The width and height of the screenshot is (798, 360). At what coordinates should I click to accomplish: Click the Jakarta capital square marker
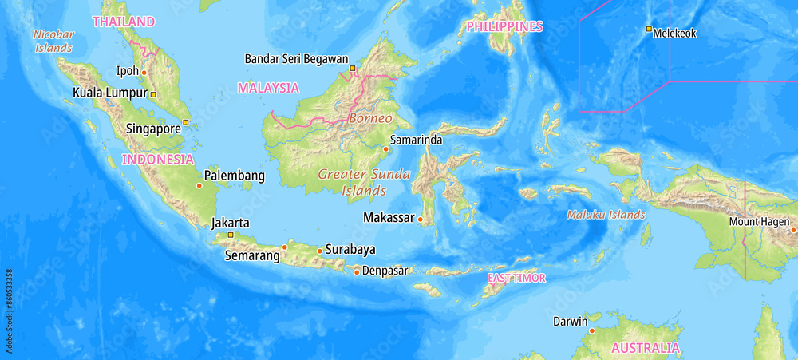click(x=231, y=235)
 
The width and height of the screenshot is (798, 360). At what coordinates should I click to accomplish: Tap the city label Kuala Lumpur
click(x=110, y=93)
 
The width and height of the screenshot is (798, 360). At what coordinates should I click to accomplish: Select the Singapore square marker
click(x=186, y=122)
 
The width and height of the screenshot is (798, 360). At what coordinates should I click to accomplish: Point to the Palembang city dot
click(x=199, y=186)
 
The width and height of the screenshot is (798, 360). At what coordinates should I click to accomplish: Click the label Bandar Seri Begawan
click(x=296, y=58)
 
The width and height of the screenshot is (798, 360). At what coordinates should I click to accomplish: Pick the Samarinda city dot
click(x=385, y=149)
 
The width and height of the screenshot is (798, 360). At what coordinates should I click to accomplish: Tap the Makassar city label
click(x=389, y=217)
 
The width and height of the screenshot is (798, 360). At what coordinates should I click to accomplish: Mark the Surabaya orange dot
click(x=320, y=251)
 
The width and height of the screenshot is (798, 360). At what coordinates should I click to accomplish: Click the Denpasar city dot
click(x=357, y=271)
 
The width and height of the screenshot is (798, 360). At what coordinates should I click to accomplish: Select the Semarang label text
click(x=252, y=256)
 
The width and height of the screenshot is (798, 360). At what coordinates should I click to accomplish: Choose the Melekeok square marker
click(x=649, y=29)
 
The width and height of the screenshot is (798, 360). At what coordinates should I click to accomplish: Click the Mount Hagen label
click(x=759, y=221)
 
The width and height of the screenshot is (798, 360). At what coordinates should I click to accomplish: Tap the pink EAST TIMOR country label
click(x=516, y=278)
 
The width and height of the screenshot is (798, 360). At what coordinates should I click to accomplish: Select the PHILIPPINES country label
click(x=504, y=26)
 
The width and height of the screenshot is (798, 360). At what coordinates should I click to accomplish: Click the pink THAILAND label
click(x=124, y=22)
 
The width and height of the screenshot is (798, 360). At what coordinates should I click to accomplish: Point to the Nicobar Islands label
click(x=53, y=41)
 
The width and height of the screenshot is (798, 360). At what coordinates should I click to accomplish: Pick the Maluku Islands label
click(x=606, y=215)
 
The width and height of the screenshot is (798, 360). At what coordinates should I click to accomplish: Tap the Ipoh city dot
click(x=144, y=72)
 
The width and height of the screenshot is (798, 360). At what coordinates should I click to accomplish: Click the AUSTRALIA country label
click(x=646, y=348)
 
